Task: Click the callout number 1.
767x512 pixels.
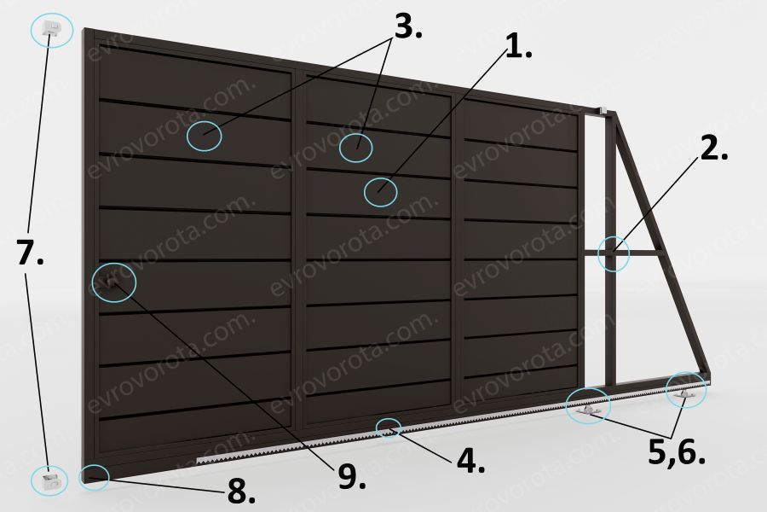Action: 517,48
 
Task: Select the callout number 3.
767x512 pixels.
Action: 407,27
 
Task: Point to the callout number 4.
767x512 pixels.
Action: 470,461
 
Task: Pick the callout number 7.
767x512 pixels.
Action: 31,253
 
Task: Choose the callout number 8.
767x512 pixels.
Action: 241,492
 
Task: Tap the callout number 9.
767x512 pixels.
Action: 351,476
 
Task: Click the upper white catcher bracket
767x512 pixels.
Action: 51,28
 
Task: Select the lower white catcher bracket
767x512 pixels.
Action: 51,480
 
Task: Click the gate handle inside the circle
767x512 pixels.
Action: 112,282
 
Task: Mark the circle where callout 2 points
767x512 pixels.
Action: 614,253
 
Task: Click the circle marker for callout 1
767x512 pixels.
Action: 381,192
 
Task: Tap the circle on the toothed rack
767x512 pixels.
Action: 389,428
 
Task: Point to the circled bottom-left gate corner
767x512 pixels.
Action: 94,477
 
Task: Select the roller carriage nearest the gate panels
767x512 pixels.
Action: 588,410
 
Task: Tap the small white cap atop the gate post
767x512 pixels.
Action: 603,110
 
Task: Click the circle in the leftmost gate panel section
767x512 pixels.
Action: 204,136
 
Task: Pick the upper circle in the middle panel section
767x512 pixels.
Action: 356,147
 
